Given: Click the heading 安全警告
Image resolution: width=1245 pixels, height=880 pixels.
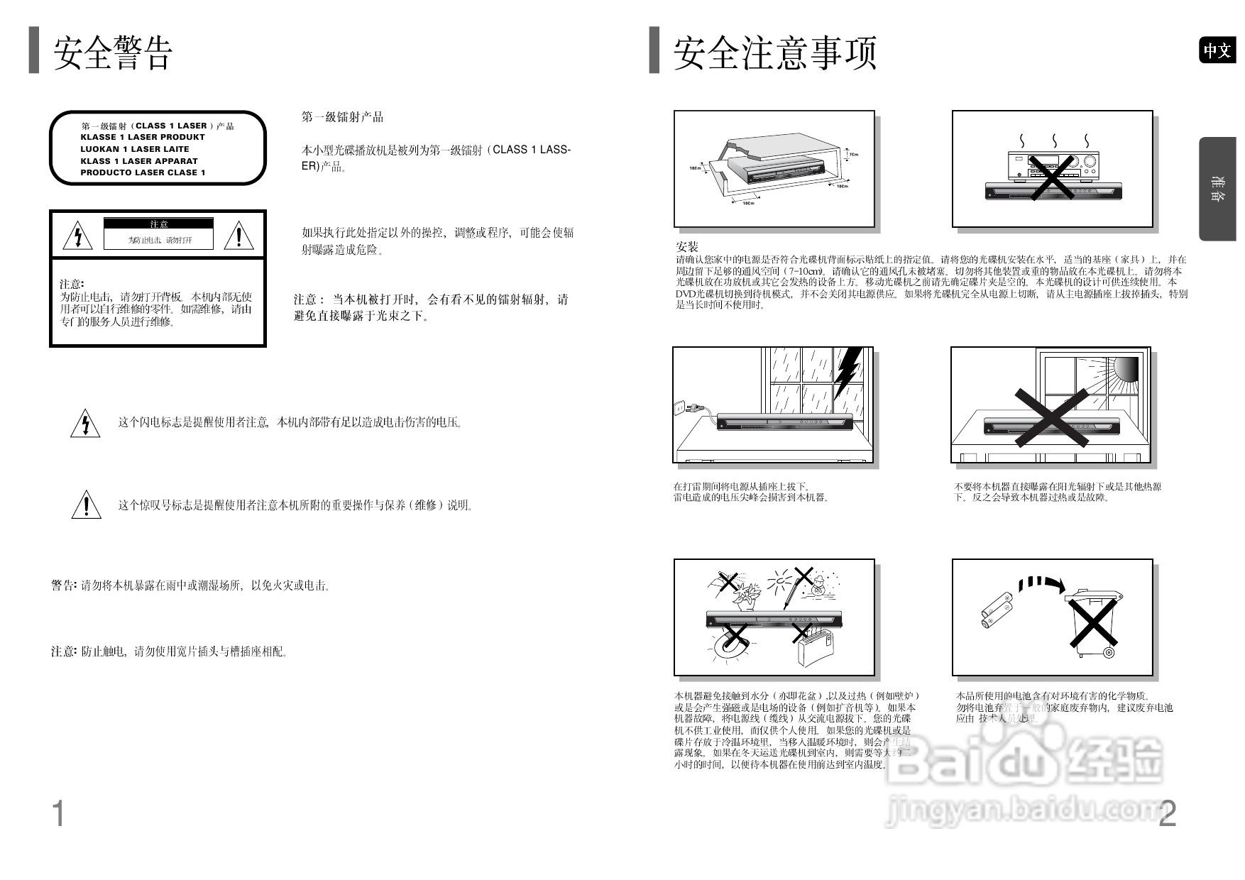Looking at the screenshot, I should point(112,53).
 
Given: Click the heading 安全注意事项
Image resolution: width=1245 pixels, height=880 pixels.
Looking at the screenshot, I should point(774,53).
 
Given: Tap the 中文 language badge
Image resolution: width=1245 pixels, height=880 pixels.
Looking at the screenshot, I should point(1217,50).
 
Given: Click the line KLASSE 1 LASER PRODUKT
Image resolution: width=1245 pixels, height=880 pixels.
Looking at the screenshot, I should point(142,137).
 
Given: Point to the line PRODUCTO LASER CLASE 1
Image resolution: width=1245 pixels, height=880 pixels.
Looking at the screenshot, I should point(143,172).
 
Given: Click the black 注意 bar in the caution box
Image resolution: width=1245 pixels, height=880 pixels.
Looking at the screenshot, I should point(159,224).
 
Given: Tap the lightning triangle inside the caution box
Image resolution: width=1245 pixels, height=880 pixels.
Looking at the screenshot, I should point(77,236).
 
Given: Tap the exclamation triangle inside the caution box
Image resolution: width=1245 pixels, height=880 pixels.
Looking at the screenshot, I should point(238,235).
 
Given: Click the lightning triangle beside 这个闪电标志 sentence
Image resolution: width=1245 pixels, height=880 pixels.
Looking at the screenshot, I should point(85,424).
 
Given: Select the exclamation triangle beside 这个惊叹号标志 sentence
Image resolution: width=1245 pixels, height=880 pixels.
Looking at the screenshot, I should point(86,505).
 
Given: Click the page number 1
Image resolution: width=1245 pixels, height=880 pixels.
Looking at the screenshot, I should point(58,813).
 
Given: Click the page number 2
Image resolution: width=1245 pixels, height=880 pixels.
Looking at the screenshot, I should point(1167,813).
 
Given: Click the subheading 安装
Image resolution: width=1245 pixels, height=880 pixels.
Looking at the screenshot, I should point(686,247).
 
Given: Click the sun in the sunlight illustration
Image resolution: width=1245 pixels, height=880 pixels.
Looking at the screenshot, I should point(1125,368).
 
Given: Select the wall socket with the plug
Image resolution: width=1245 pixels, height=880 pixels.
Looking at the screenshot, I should point(679,408).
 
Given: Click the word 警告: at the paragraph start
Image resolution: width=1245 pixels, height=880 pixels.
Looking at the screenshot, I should point(63,585).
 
